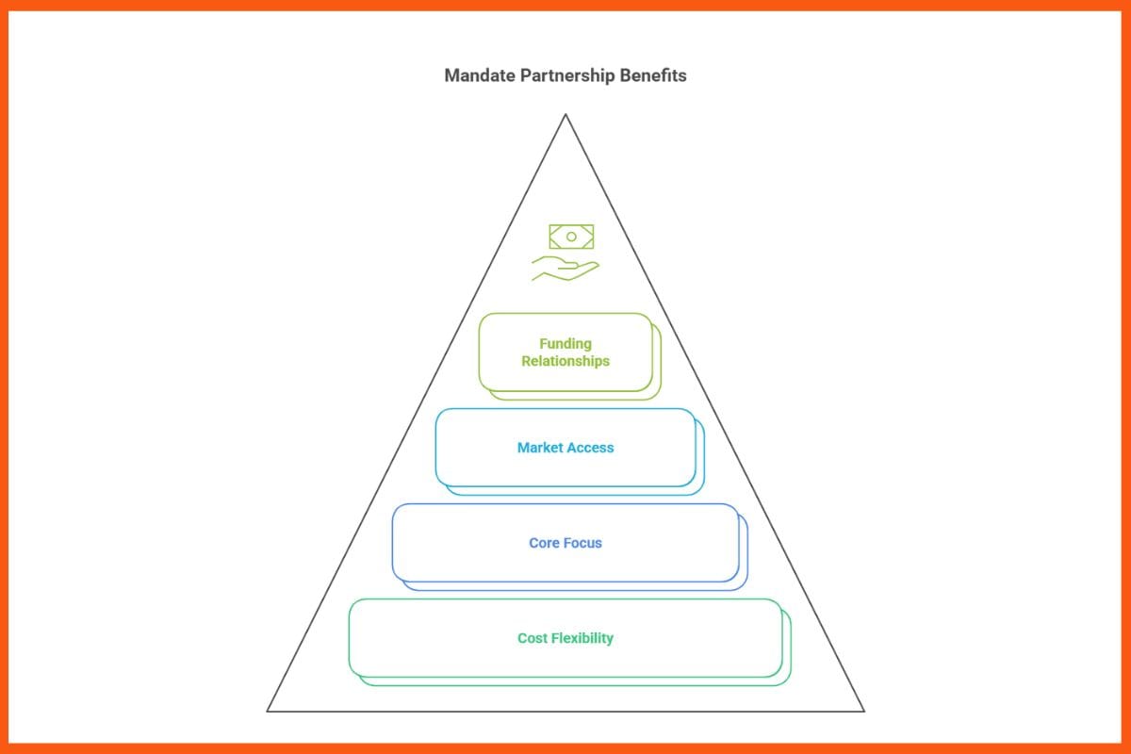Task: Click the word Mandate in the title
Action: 480,75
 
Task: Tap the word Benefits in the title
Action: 653,75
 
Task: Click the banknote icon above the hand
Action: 571,237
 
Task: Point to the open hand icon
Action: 565,268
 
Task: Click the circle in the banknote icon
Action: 571,237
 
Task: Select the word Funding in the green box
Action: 565,344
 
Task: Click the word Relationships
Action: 565,361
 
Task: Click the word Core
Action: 545,543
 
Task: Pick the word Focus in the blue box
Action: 583,543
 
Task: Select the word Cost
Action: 533,638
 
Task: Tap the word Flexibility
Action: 582,638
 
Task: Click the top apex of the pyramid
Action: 565,115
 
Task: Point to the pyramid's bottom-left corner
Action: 269,711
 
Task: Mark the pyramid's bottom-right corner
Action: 863,711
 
